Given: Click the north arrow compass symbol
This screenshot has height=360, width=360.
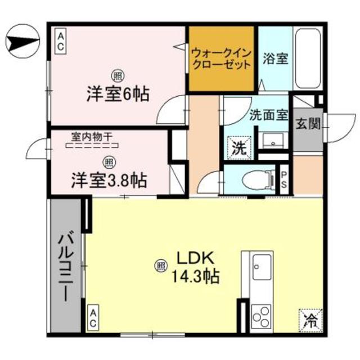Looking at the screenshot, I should (x=21, y=42).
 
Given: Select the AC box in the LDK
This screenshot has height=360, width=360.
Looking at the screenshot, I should (x=93, y=318).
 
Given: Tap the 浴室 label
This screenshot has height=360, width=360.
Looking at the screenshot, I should (x=276, y=58).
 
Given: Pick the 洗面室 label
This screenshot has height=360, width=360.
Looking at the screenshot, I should (x=268, y=114).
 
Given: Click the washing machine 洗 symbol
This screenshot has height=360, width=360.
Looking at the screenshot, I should (x=238, y=149).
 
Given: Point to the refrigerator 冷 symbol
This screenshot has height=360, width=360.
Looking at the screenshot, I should (x=310, y=321).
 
